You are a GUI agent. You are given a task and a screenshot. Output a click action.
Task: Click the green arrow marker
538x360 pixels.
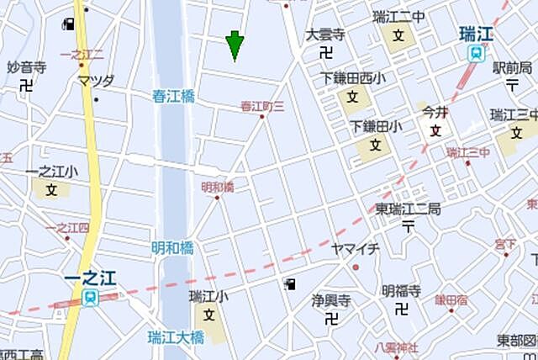tap(235, 45)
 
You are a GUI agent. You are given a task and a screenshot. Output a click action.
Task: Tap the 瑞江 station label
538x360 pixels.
tap(476, 34)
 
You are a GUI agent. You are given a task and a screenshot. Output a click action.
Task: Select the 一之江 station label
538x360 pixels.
tap(89, 278)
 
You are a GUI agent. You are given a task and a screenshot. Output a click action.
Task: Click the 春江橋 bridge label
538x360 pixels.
tap(174, 97)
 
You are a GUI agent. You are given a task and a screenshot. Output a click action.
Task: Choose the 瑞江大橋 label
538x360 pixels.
tap(176, 338)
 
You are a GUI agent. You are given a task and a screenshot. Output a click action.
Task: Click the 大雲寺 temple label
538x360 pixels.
tap(325, 35)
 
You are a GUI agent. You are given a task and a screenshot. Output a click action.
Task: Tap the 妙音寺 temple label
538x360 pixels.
tap(26, 67)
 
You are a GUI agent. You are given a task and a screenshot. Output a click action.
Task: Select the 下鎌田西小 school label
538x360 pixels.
tap(354, 78)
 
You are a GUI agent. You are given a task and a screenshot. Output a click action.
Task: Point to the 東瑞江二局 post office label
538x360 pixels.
tap(408, 209)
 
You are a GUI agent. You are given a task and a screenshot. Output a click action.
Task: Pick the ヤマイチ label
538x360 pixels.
tap(355, 249)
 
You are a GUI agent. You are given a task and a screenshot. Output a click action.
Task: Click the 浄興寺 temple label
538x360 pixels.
tap(330, 299)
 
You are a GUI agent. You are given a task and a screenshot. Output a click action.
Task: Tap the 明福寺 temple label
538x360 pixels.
tap(401, 291)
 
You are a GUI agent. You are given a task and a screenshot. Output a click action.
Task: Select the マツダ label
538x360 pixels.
tap(95, 81)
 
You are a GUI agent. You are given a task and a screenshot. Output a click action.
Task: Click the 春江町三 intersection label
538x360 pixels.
tap(262, 106)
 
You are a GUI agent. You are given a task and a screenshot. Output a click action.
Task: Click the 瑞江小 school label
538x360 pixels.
tap(208, 296)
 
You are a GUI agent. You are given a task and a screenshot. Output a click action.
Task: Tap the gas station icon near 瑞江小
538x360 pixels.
tap(291, 284)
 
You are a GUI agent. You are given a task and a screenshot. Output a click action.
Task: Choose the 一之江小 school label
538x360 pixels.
tap(51, 172)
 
